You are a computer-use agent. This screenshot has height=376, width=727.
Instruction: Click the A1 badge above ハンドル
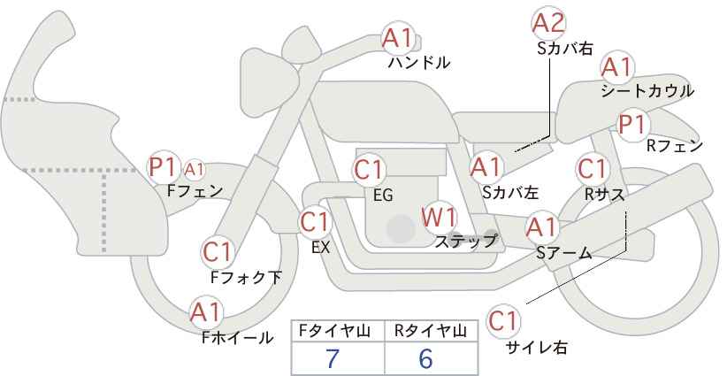(x=397, y=37)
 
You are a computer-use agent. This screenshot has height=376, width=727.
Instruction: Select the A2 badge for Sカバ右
(x=548, y=23)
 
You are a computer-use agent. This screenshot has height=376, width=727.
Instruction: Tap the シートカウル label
(x=647, y=91)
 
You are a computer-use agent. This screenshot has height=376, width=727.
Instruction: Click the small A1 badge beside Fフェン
(x=195, y=168)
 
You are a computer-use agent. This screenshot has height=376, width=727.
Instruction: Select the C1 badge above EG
(x=369, y=169)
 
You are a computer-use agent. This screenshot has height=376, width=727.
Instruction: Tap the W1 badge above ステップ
(x=438, y=217)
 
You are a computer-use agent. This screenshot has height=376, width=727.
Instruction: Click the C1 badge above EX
(x=315, y=221)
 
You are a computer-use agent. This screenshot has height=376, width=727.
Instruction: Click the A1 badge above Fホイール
(x=206, y=312)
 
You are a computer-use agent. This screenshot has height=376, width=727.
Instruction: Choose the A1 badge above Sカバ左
(x=486, y=166)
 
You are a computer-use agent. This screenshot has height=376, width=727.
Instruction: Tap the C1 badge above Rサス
(x=592, y=168)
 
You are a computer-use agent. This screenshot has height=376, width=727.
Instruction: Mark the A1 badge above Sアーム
(x=540, y=226)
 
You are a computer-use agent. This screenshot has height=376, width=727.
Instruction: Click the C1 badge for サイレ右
(x=503, y=320)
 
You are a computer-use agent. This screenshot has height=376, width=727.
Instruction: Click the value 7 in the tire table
(x=333, y=358)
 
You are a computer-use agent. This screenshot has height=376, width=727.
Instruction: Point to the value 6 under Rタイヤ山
(x=426, y=358)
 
